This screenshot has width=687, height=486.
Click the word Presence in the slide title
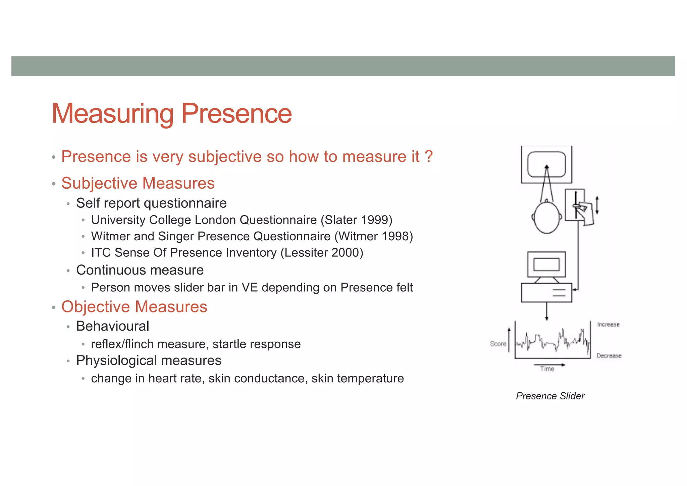[x=236, y=114]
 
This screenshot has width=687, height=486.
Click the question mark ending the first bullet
[x=428, y=157]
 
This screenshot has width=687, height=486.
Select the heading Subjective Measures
[x=138, y=183]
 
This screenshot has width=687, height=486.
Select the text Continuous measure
[x=140, y=270]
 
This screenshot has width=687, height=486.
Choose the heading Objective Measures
[x=134, y=307]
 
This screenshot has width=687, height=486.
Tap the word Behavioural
[x=113, y=326]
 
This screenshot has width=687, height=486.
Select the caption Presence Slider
[x=550, y=396]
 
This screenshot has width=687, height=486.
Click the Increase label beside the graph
[x=608, y=325]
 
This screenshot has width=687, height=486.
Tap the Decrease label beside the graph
[x=609, y=356]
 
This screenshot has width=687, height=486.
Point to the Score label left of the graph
[x=498, y=344]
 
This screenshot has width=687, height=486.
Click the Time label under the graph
[x=547, y=369]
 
